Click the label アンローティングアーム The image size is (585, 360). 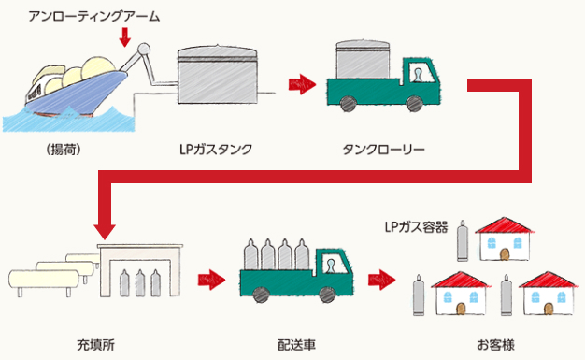coord(94,16)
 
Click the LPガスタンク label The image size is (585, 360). coord(215,149)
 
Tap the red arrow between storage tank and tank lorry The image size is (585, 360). coord(300,84)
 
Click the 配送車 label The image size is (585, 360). coord(296,344)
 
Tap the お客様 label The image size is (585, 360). coord(494,344)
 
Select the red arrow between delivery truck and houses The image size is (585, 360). coord(380,279)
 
